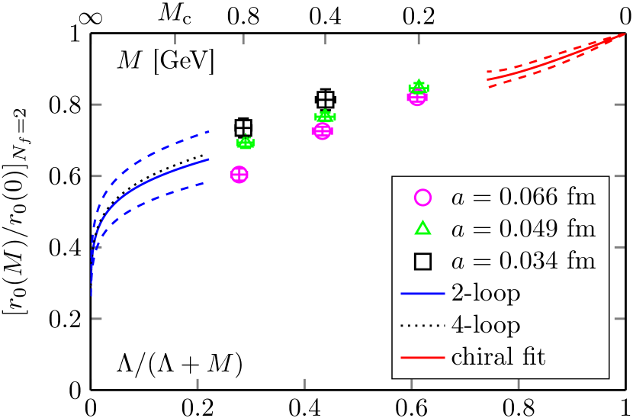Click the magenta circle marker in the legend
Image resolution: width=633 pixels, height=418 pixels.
(x=423, y=198)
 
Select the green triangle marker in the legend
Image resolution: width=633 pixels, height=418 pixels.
(x=423, y=229)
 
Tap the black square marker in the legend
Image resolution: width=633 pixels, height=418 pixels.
(x=423, y=262)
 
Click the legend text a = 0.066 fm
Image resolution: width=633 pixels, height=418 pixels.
(x=523, y=198)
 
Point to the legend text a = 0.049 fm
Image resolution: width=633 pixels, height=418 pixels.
(x=523, y=229)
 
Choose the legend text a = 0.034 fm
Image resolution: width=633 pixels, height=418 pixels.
(x=523, y=262)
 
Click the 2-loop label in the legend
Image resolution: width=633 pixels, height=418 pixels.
(x=486, y=293)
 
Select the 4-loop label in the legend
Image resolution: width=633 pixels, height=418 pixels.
(x=486, y=325)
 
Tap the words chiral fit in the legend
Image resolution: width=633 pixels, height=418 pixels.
(x=498, y=357)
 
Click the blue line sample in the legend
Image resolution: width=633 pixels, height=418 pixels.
(x=423, y=293)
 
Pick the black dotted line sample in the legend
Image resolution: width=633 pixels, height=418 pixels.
(x=423, y=325)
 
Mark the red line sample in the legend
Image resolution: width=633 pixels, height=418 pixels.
(x=423, y=357)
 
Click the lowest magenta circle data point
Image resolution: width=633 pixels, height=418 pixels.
(x=239, y=175)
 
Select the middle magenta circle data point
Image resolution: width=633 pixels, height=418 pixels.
(x=322, y=131)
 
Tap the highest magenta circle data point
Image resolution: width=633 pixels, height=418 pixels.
(x=417, y=97)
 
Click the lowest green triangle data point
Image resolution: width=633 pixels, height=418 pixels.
(x=246, y=142)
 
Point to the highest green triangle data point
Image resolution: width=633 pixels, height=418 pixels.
(x=418, y=86)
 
